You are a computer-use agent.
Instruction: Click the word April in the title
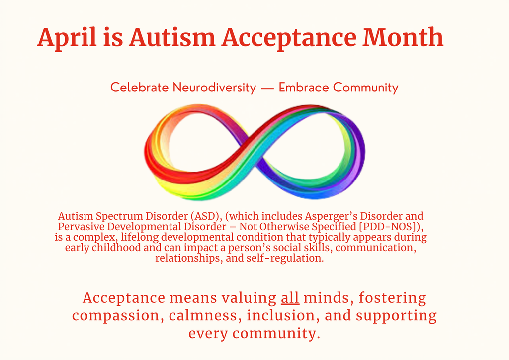[x=68, y=38]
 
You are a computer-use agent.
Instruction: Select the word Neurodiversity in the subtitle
[x=214, y=88]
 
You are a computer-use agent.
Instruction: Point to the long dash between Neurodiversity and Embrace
[x=267, y=89]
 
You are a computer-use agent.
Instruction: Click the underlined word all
[x=290, y=298]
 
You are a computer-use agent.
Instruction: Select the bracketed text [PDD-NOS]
[x=391, y=227]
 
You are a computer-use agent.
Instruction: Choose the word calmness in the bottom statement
[x=204, y=315]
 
